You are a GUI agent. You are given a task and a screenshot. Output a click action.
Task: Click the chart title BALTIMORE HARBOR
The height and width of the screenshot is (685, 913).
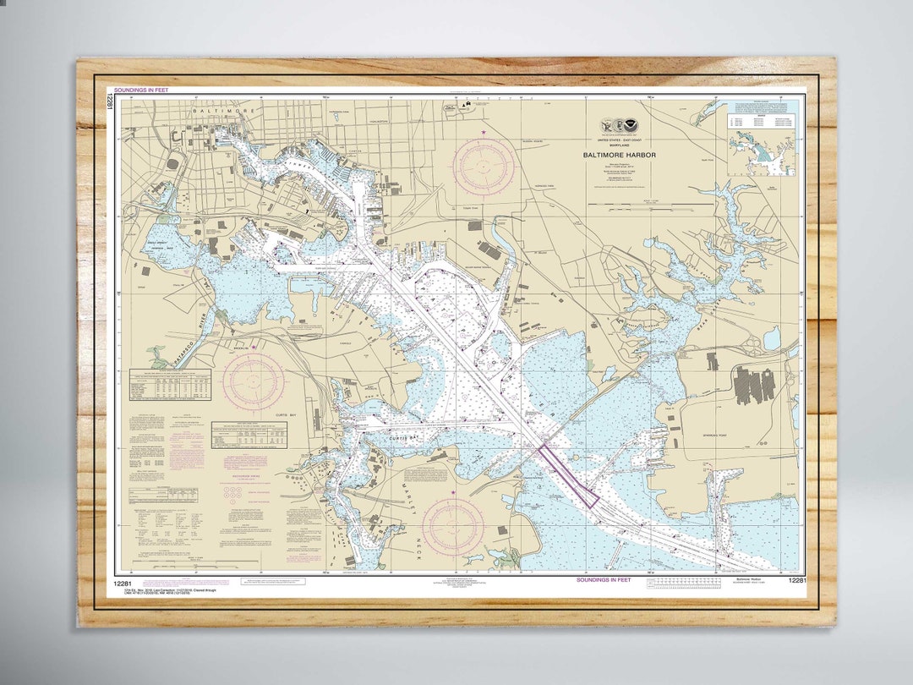coord(619,156)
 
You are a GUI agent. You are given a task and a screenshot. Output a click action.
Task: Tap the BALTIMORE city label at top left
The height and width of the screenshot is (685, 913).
coord(210,111)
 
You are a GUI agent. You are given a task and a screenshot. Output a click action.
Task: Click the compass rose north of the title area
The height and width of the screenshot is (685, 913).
coord(484,167)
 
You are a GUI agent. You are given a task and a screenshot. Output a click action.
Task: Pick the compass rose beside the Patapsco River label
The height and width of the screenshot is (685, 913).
coord(254,381)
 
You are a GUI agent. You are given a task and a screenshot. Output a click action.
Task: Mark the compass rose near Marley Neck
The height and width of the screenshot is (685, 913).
coord(453,526)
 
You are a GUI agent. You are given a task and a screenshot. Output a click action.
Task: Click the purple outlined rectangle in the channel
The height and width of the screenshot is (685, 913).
coord(569,474)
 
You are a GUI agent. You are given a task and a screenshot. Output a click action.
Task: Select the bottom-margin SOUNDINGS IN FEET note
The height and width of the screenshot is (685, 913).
coord(604,580)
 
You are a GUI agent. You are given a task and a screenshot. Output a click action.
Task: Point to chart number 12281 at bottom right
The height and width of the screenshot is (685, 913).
coord(795,581)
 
